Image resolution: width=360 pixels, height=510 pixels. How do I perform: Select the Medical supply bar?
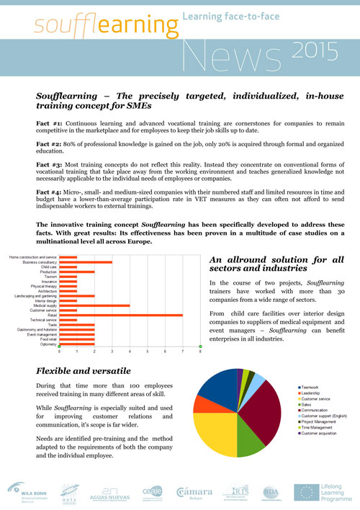tap(94, 305)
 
